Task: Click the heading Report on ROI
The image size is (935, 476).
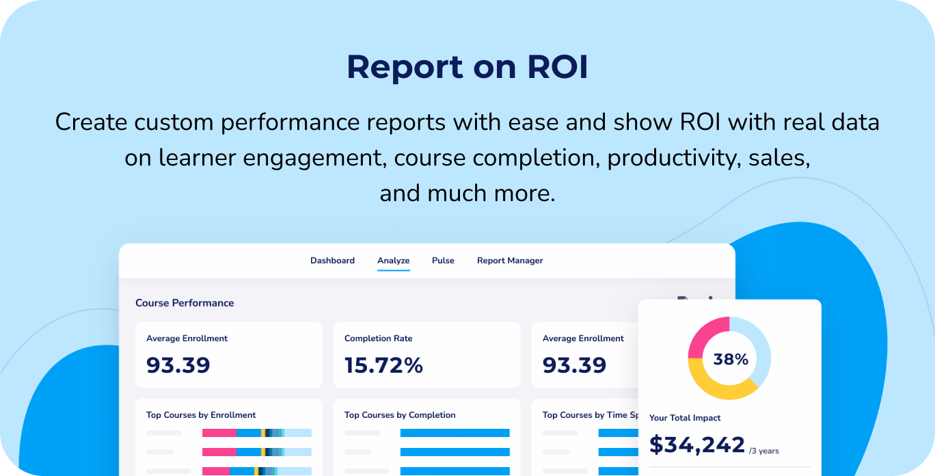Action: [467, 67]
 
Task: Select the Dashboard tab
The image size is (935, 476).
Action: [332, 261]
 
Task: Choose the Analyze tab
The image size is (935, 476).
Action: [393, 261]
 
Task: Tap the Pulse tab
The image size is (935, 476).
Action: [443, 261]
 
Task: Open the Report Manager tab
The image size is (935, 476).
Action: [510, 261]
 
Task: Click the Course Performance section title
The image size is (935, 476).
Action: [185, 303]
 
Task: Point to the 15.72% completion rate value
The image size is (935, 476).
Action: [383, 365]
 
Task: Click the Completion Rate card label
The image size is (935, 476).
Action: [378, 339]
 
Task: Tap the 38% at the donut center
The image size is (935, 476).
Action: [730, 359]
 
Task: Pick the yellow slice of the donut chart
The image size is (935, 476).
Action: [718, 386]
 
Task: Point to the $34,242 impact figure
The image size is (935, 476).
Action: [696, 445]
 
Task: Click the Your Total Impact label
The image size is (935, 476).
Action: [685, 418]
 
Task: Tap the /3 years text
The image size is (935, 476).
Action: [763, 451]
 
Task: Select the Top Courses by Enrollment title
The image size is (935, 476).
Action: [201, 415]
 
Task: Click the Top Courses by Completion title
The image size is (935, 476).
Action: [400, 415]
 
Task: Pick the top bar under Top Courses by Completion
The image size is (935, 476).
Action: [455, 433]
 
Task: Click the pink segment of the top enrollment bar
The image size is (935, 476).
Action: [219, 433]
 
